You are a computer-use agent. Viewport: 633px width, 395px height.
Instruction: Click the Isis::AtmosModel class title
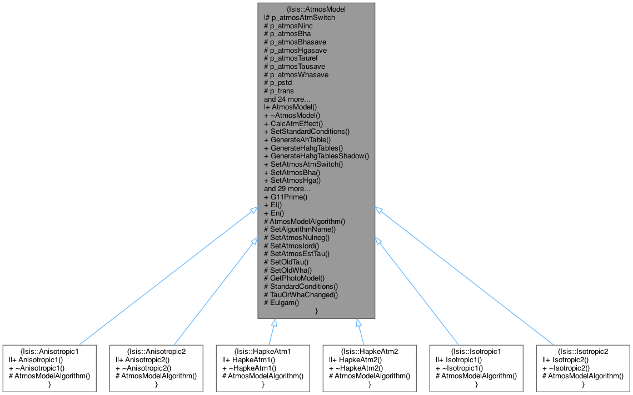pos(316,9)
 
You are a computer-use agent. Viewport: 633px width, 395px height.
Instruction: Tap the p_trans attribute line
pos(279,91)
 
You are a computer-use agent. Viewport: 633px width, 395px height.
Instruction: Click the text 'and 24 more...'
pos(287,99)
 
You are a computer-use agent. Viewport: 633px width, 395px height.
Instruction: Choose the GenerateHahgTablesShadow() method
pos(316,156)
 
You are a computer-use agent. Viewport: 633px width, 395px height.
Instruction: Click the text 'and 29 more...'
pos(287,188)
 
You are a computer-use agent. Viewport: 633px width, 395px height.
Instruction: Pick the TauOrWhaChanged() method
pos(301,294)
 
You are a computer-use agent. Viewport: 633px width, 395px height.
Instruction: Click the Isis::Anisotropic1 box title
pos(48,352)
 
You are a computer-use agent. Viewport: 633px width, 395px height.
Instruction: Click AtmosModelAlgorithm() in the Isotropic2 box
pos(583,376)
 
